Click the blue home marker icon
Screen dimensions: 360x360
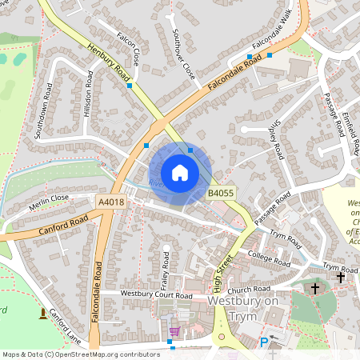pos(180,173)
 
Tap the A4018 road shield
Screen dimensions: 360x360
pos(111,202)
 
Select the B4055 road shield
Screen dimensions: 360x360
pos(221,194)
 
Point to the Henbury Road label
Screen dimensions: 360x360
pos(110,62)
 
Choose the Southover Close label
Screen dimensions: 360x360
pos(184,53)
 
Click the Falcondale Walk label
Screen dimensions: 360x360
pos(273,30)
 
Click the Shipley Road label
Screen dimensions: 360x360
pos(276,141)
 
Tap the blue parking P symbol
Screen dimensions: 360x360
pos(264,342)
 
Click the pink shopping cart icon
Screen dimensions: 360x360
pos(174,331)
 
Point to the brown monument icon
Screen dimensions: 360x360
pos(42,314)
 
